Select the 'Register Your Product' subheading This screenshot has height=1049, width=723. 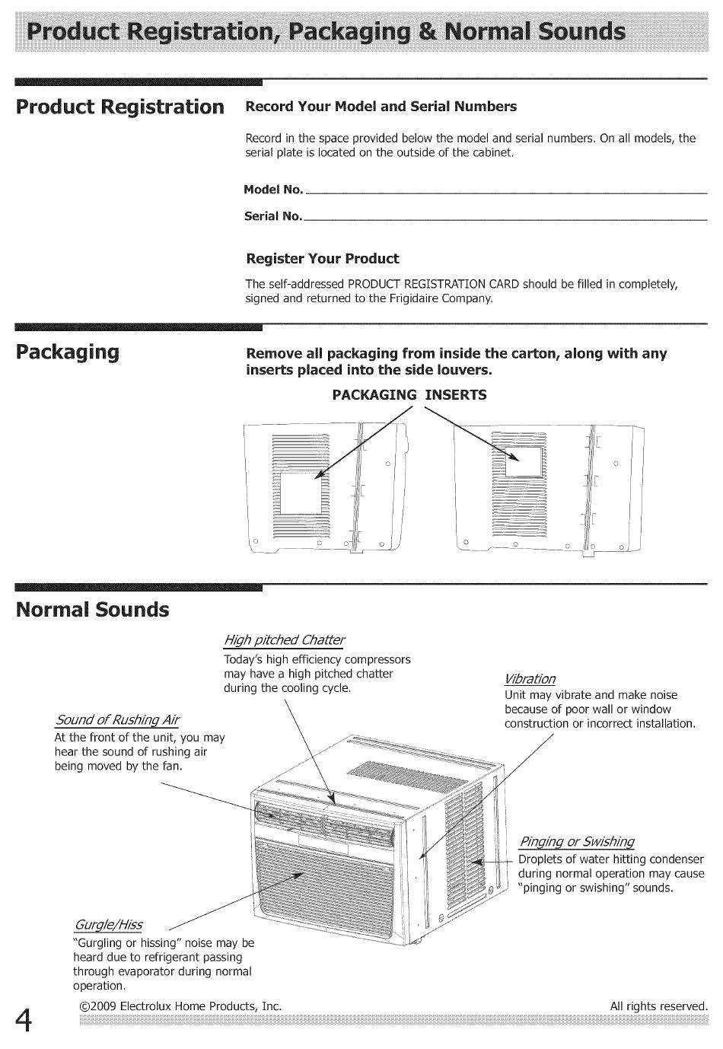tap(322, 259)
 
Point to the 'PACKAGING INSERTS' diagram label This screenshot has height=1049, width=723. tap(409, 395)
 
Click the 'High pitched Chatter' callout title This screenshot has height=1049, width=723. tap(284, 639)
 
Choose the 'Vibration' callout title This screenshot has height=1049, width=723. tap(530, 679)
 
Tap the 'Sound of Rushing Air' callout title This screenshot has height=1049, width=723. tap(117, 720)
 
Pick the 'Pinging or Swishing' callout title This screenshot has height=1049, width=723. tap(576, 842)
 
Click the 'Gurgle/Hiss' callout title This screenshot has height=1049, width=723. tap(107, 925)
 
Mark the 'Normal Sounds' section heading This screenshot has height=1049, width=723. tap(93, 610)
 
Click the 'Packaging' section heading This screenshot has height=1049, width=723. tap(68, 352)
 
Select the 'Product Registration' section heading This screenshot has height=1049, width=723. tap(120, 106)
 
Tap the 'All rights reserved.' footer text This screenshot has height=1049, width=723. tap(658, 1006)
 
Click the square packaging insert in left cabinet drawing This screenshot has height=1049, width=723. tap(301, 495)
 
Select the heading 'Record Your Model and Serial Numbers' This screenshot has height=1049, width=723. tap(381, 107)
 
